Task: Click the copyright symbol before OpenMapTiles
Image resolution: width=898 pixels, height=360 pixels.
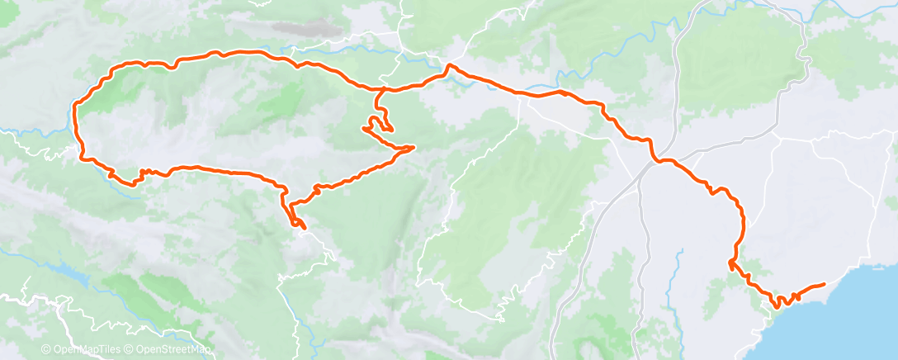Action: click(x=46, y=350)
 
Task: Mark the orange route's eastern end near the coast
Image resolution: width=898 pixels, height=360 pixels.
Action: click(x=823, y=284)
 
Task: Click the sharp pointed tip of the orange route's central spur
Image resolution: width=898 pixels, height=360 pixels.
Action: click(x=412, y=148)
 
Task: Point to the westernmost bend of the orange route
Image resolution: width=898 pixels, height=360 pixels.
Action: click(x=75, y=107)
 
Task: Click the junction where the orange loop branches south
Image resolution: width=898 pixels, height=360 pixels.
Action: click(x=382, y=88)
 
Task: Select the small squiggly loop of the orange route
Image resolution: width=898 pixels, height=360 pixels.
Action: click(x=376, y=126)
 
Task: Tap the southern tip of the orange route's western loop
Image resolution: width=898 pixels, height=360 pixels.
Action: click(x=302, y=226)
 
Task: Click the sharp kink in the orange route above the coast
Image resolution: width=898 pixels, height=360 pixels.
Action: click(x=730, y=263)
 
